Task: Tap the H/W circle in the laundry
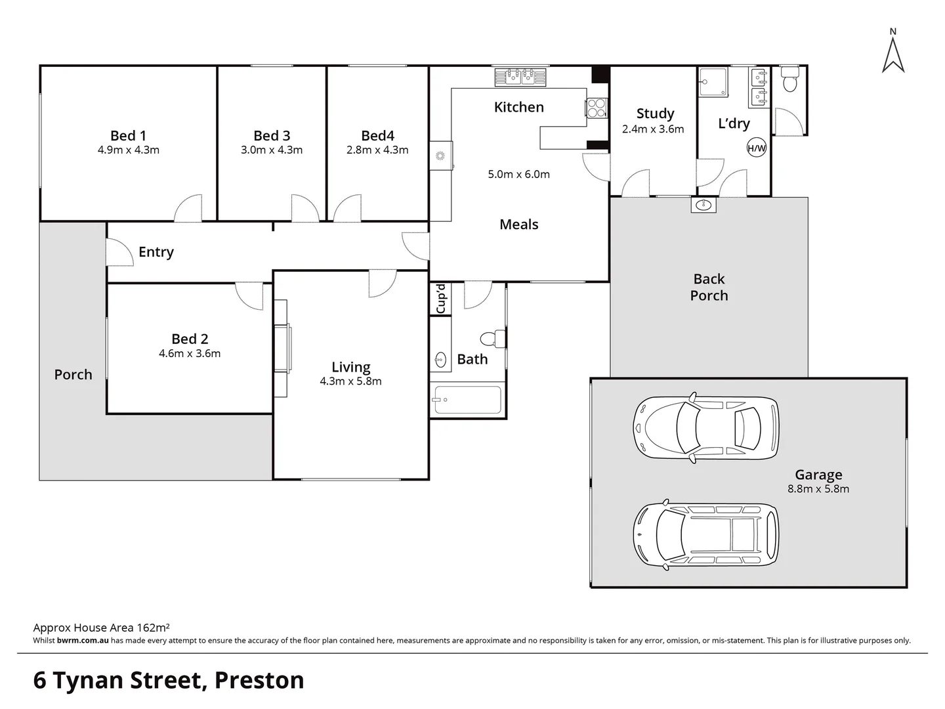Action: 757,148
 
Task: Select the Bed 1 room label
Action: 128,136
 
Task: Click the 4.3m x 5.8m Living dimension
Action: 350,381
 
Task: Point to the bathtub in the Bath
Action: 468,400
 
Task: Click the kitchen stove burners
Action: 597,108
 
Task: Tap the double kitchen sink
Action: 520,77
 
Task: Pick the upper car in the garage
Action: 706,428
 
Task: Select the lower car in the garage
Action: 706,535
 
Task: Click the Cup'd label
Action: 441,299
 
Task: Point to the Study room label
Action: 655,113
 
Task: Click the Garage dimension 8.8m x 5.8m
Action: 818,488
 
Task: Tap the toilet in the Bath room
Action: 493,339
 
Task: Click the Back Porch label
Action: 709,287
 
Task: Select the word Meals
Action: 519,225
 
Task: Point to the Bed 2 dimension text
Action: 190,353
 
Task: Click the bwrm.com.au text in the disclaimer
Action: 83,641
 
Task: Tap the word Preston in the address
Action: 259,681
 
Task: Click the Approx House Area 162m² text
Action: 101,628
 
